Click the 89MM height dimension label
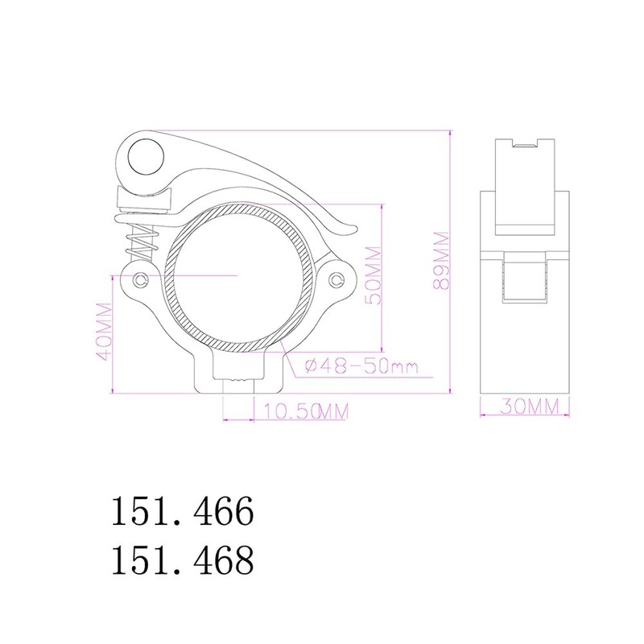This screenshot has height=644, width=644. [442, 260]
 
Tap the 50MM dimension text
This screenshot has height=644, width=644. [374, 275]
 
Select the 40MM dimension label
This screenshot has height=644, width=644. [104, 332]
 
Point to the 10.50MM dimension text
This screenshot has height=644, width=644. [306, 411]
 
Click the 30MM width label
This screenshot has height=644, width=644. [530, 407]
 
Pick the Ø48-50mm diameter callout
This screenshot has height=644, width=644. [361, 365]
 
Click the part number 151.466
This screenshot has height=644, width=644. [183, 510]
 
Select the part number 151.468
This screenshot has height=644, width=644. [183, 559]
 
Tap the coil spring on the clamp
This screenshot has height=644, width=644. [142, 244]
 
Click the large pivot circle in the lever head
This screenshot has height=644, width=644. [147, 157]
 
